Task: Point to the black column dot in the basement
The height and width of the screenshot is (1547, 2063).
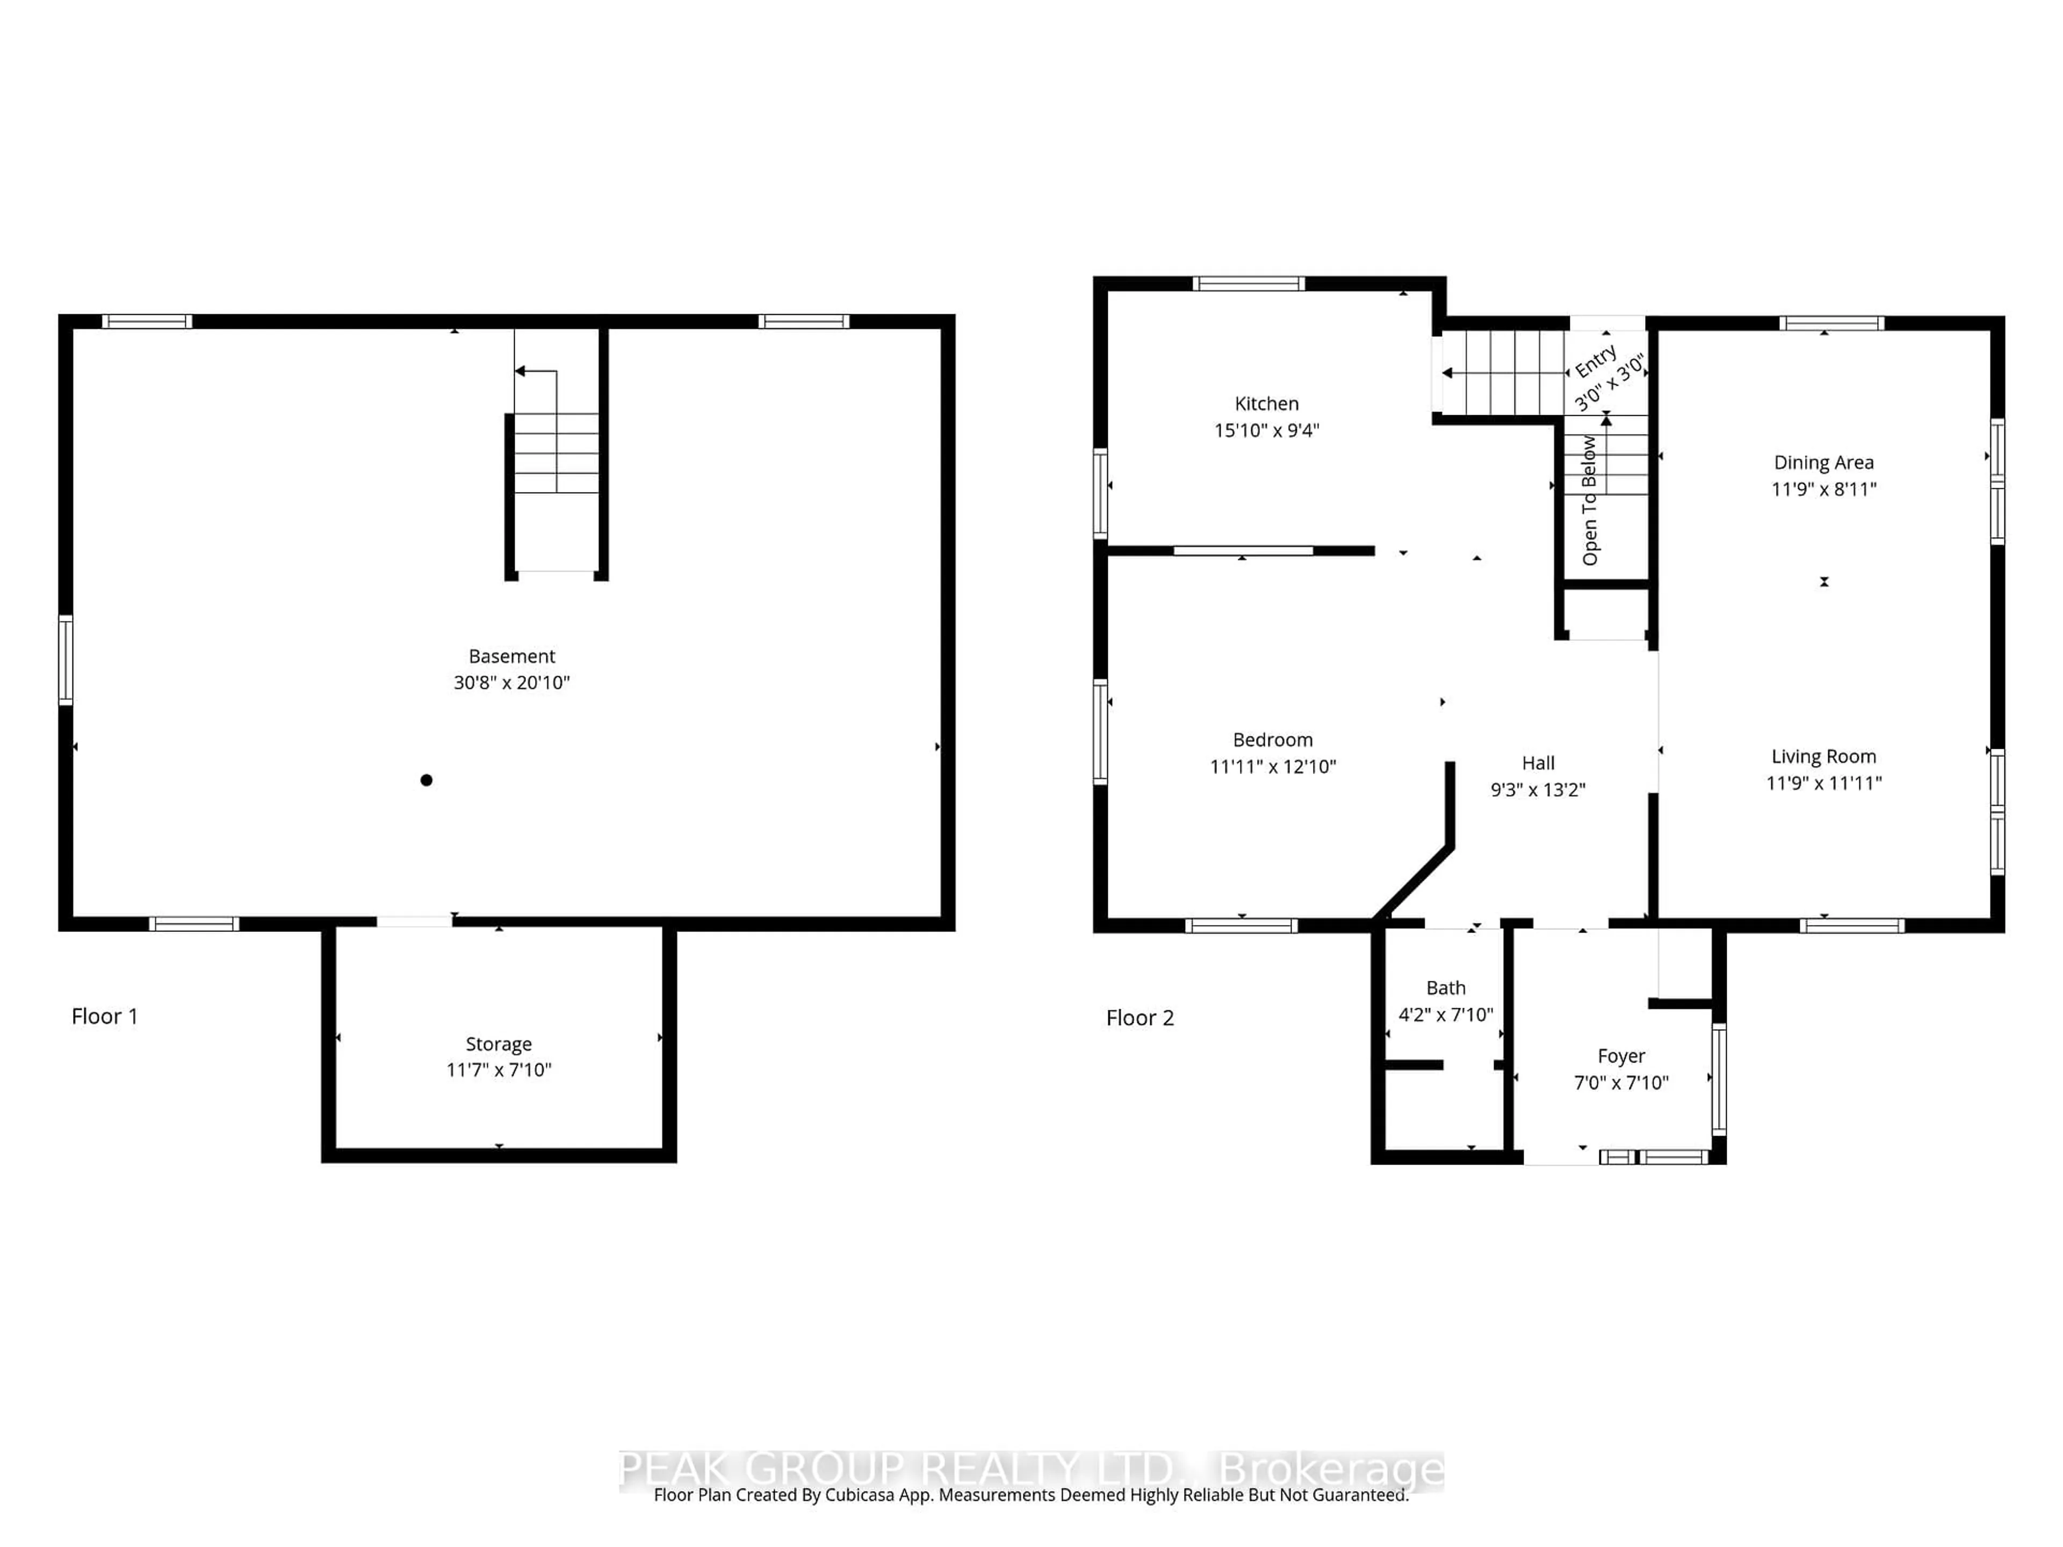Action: [426, 779]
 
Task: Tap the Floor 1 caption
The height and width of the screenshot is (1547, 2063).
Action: [104, 1016]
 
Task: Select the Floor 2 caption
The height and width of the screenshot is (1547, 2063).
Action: [1139, 1018]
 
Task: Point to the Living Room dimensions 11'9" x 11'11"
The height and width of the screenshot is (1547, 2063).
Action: [1823, 783]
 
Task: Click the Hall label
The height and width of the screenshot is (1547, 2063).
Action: [1538, 763]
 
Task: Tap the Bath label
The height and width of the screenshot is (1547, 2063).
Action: [1446, 987]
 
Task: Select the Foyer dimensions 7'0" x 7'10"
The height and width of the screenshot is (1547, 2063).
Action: [1621, 1082]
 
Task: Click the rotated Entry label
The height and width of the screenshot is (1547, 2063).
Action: [1595, 361]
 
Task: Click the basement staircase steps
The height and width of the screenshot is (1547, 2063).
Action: [556, 453]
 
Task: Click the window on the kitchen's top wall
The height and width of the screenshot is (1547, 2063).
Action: [1248, 284]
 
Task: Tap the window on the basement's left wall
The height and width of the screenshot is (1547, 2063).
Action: [66, 660]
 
